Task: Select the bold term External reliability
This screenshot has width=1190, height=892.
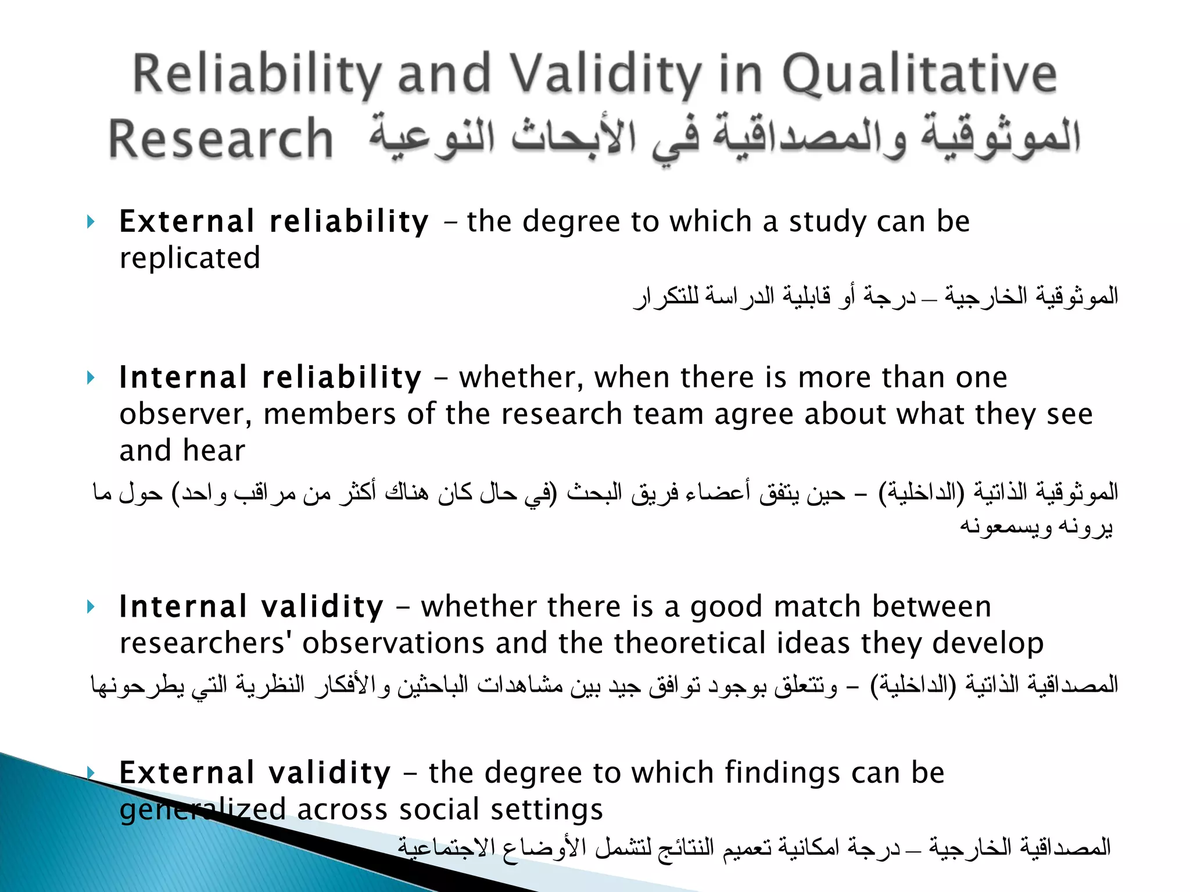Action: (x=274, y=222)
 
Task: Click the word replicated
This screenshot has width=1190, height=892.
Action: (x=189, y=258)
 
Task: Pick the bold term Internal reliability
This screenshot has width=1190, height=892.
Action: (x=270, y=378)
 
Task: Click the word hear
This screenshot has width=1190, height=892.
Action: (x=214, y=451)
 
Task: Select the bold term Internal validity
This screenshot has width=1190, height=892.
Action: (x=251, y=607)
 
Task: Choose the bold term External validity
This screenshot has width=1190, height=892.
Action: (x=255, y=774)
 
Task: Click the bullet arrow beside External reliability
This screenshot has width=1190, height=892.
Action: (x=90, y=222)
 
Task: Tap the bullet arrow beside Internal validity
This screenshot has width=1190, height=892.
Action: (x=90, y=607)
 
